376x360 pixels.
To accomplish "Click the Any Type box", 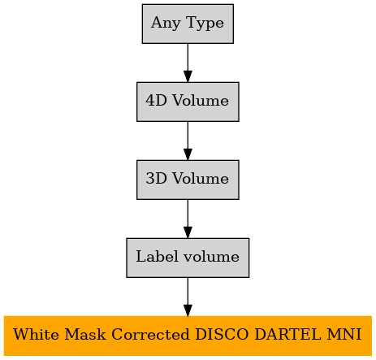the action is pyautogui.click(x=188, y=24).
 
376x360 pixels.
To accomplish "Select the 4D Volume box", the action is pyautogui.click(x=188, y=102).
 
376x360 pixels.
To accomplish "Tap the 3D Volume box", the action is pyautogui.click(x=188, y=180).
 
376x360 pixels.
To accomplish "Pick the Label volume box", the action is pyautogui.click(x=188, y=258).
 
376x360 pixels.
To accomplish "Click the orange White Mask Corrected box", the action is pyautogui.click(x=188, y=336).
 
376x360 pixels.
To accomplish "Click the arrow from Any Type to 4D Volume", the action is pyautogui.click(x=188, y=63).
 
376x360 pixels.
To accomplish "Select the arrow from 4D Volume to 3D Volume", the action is pyautogui.click(x=188, y=141).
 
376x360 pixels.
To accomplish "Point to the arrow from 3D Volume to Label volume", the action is pyautogui.click(x=188, y=219).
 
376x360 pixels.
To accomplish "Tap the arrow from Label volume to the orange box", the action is pyautogui.click(x=188, y=297).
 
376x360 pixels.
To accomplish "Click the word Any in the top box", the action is pyautogui.click(x=166, y=24).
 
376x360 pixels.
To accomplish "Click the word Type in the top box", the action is pyautogui.click(x=205, y=24).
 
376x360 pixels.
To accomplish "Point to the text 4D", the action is pyautogui.click(x=156, y=100).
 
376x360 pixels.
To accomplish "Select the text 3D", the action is pyautogui.click(x=156, y=178).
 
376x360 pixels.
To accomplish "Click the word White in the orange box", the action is pyautogui.click(x=36, y=334).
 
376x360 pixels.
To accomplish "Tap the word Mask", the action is pyautogui.click(x=85, y=334).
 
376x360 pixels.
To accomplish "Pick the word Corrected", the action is pyautogui.click(x=150, y=334).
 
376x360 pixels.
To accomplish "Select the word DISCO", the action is pyautogui.click(x=222, y=334).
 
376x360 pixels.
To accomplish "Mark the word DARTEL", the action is pyautogui.click(x=287, y=334).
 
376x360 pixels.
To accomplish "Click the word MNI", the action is pyautogui.click(x=344, y=334).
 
